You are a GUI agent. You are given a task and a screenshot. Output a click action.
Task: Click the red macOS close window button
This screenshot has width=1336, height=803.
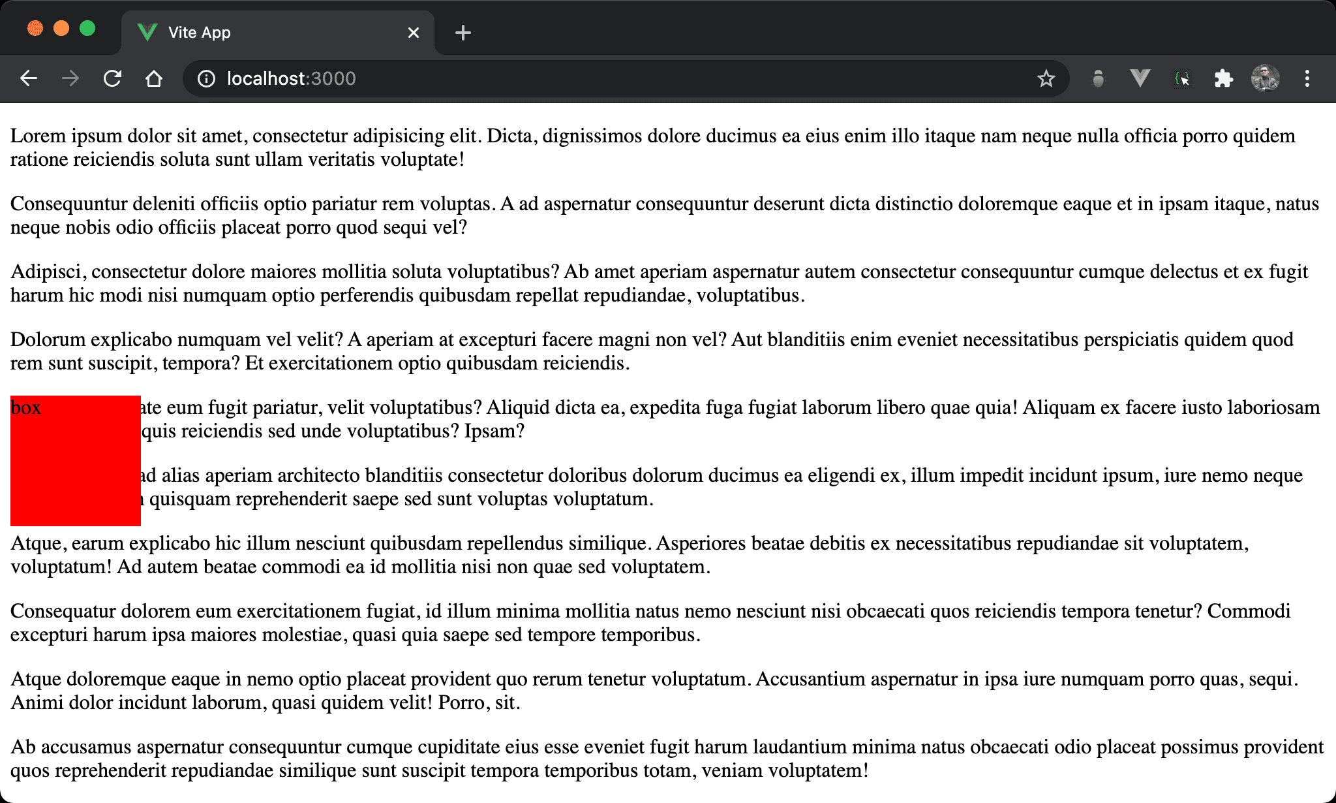35,29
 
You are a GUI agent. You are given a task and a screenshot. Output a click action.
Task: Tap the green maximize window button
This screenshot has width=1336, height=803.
87,29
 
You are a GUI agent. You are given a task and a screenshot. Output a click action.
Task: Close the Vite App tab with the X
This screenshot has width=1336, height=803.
414,33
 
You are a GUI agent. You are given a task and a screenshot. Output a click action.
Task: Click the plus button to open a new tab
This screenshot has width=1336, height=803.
463,33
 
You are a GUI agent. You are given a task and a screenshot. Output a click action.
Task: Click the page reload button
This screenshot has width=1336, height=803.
112,79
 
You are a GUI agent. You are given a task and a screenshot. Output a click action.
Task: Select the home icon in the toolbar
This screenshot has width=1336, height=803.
154,79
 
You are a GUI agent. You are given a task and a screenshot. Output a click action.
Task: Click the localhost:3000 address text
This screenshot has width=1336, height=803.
291,79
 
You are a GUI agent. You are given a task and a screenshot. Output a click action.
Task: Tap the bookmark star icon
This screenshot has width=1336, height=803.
1046,79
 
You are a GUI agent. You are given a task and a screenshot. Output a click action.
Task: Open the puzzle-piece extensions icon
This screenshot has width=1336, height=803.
1223,79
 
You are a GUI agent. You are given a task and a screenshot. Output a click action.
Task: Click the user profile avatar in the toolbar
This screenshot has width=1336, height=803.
1265,79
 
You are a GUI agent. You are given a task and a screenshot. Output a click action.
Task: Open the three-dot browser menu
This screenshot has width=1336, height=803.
1307,79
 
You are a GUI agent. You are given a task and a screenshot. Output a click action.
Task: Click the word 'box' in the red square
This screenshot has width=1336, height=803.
26,408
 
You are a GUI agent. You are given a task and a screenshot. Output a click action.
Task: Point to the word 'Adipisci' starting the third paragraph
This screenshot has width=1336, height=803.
48,272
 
